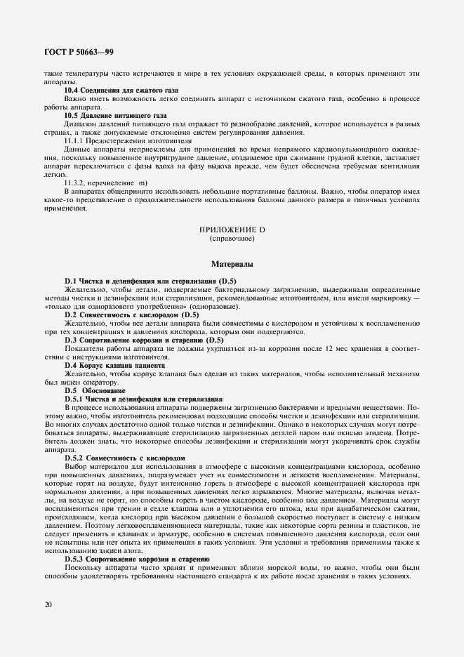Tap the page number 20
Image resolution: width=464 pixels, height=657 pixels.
pyautogui.click(x=46, y=604)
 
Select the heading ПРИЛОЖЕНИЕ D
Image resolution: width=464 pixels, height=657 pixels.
pyautogui.click(x=232, y=231)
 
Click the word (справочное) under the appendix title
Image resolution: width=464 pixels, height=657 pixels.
pyautogui.click(x=232, y=239)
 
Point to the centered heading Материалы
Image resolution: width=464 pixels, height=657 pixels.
pyautogui.click(x=232, y=265)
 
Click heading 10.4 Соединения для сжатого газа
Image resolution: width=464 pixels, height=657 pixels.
pyautogui.click(x=121, y=91)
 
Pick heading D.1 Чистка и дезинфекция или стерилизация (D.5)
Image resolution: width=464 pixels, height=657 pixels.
pyautogui.click(x=151, y=281)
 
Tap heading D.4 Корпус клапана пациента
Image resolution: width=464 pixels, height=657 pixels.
pyautogui.click(x=114, y=366)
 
